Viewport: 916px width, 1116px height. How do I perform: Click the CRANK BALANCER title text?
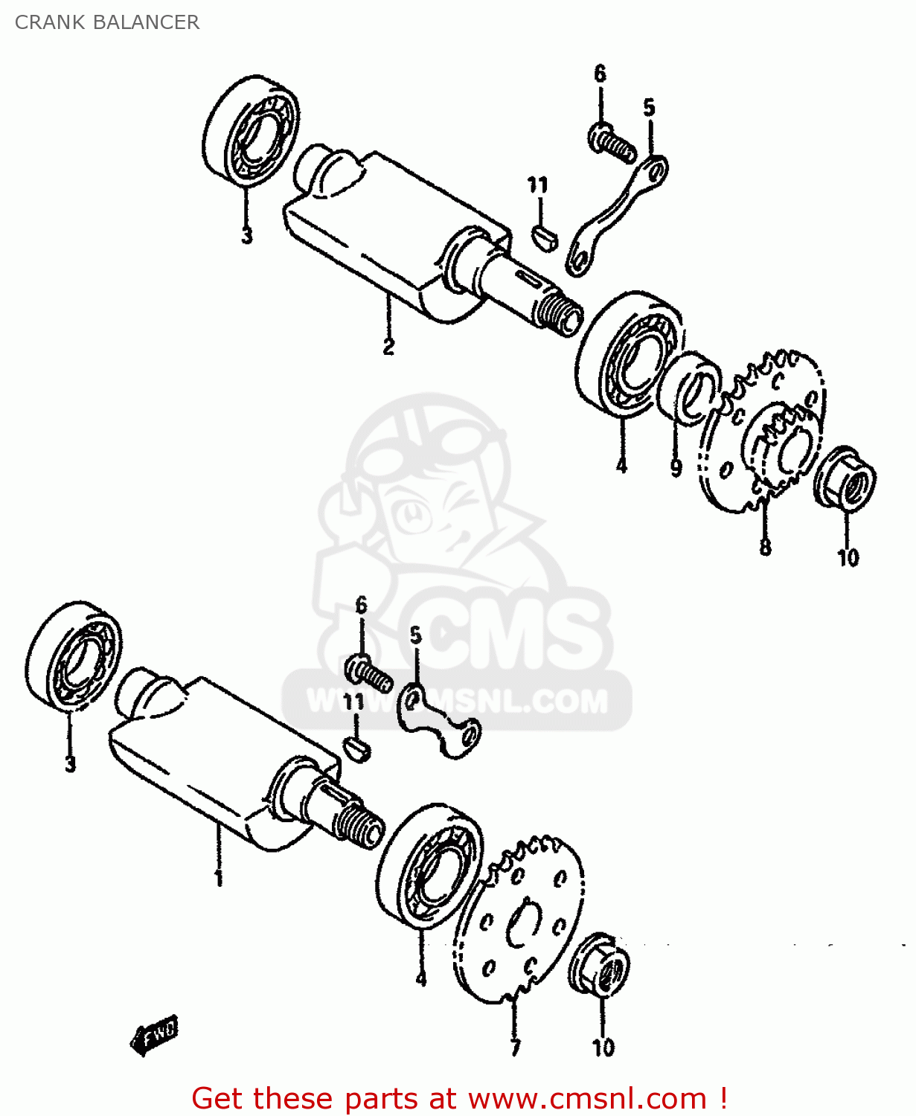click(107, 22)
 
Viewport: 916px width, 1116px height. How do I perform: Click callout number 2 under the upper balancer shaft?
click(388, 347)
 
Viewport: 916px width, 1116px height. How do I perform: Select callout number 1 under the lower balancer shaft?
click(218, 878)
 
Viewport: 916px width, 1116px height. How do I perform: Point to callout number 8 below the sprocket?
click(765, 548)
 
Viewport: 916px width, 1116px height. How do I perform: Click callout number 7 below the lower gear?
click(515, 1048)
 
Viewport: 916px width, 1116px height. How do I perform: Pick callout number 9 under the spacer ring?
click(676, 468)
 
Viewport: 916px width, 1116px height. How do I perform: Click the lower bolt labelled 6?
click(368, 672)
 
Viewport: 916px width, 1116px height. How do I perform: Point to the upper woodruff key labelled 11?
click(544, 238)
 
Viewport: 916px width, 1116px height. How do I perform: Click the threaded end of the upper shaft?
click(562, 312)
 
